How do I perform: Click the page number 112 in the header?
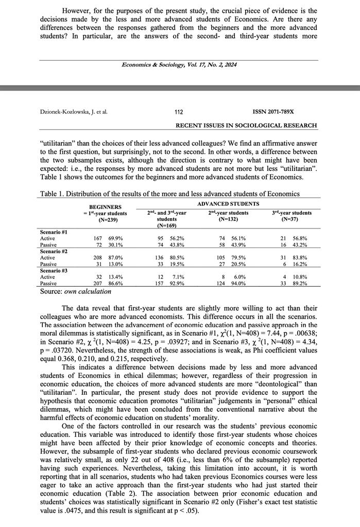coord(179,111)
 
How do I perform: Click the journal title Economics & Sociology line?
coord(179,65)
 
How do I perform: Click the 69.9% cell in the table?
coord(116,238)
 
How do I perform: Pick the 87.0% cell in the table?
coord(116,257)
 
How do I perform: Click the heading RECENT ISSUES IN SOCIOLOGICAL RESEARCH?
coord(246,126)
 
